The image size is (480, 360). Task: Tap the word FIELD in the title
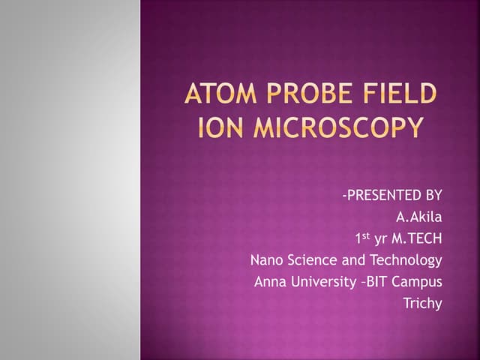pos(399,96)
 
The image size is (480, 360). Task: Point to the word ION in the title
pos(217,127)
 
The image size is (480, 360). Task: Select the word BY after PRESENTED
pos(433,196)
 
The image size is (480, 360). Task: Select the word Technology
pos(406,261)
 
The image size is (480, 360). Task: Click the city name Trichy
pos(423,304)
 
